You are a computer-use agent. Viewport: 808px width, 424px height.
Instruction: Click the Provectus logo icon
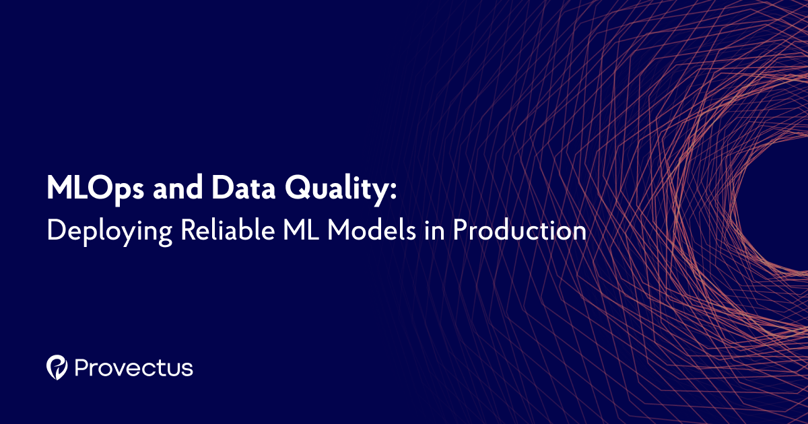pos(57,367)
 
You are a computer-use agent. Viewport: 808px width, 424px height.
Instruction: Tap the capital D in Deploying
pos(55,230)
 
